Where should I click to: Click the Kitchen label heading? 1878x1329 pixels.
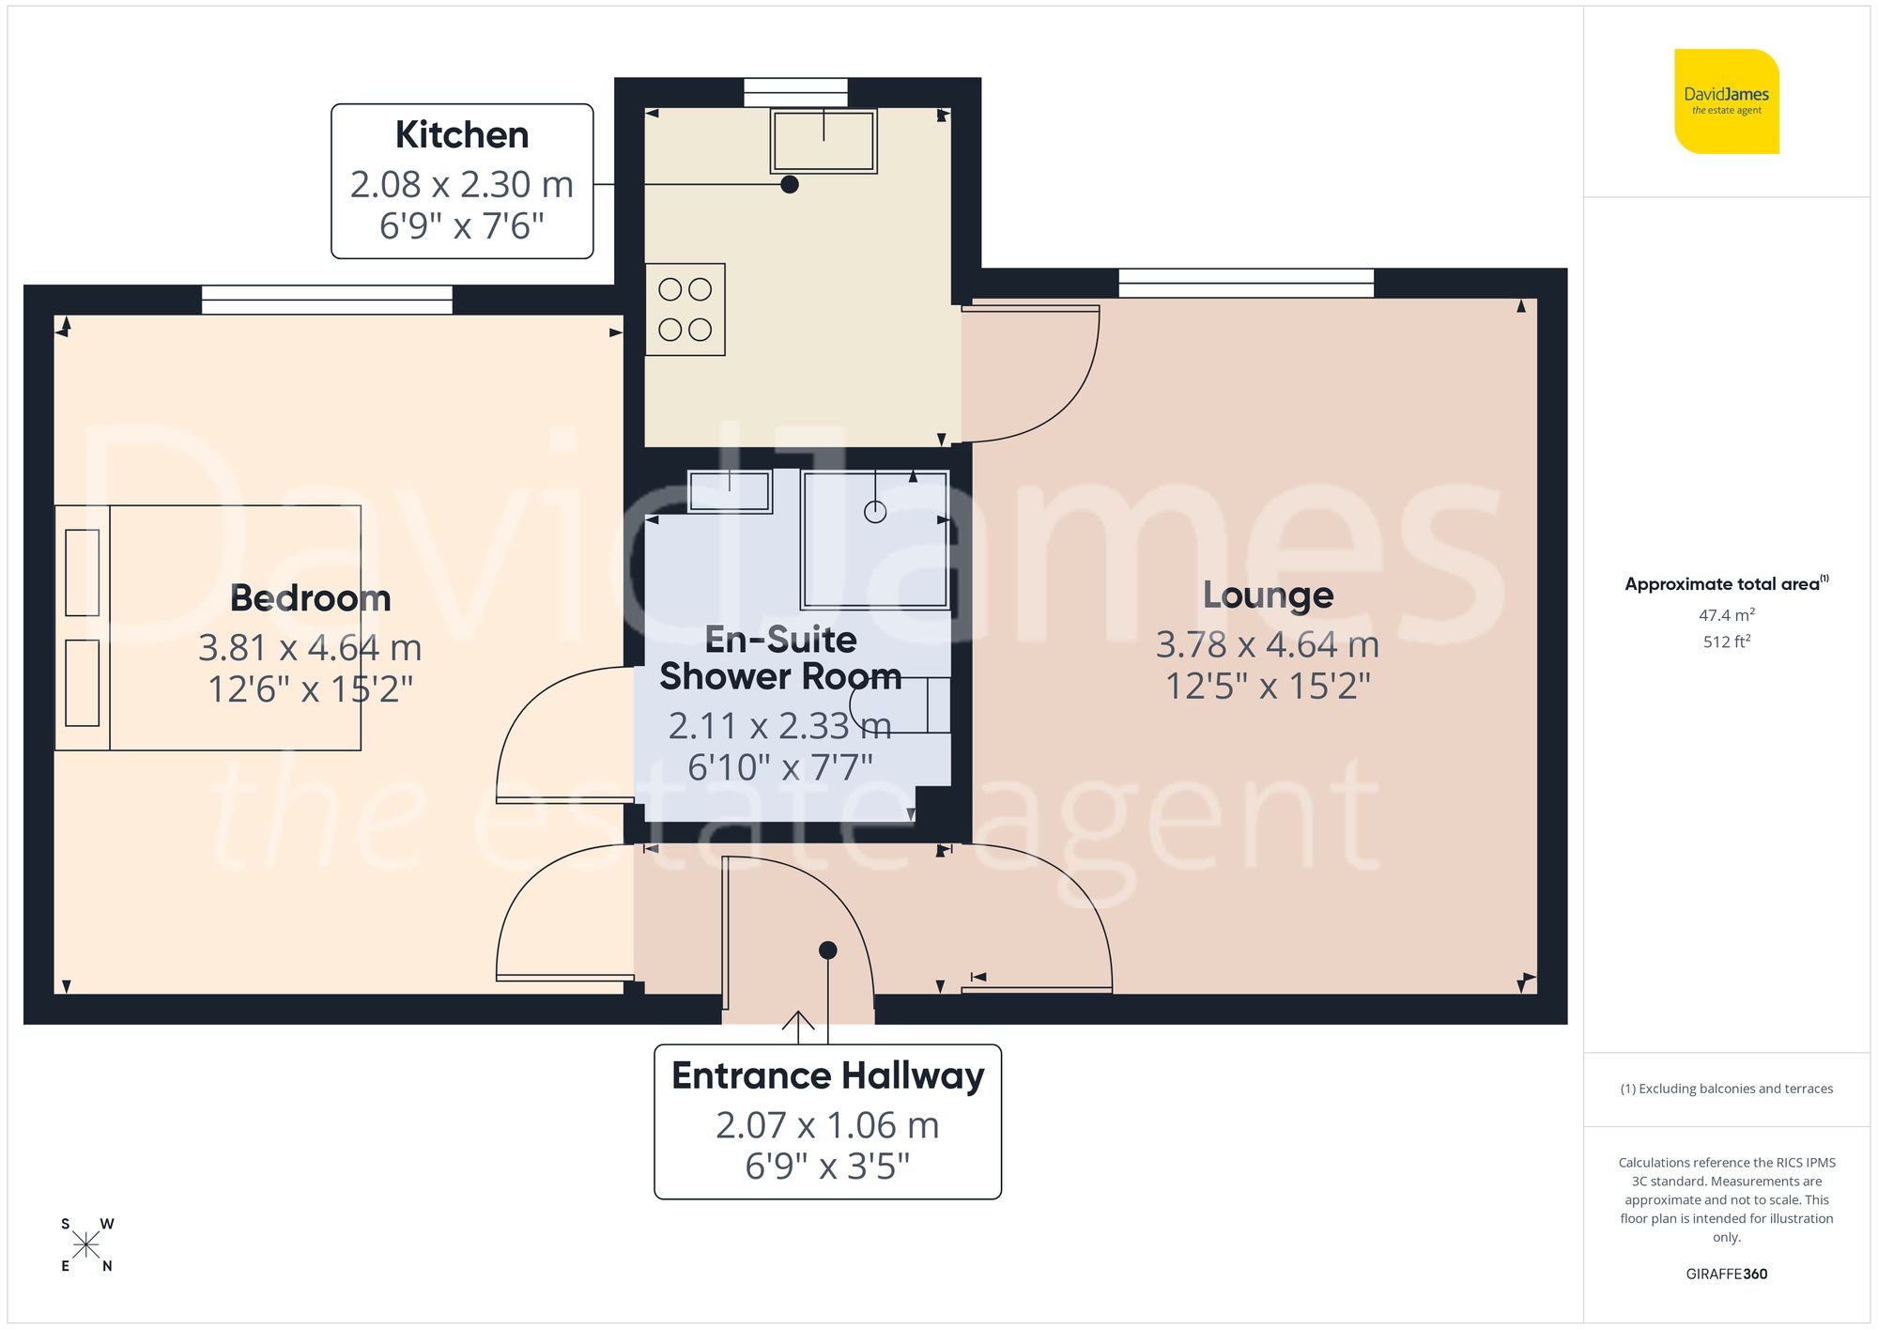(x=461, y=135)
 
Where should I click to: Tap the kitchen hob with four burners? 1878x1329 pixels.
(x=685, y=309)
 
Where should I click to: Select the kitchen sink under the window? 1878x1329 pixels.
(x=824, y=141)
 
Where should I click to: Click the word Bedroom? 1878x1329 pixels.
(x=310, y=598)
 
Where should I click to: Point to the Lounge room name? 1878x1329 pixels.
(x=1268, y=595)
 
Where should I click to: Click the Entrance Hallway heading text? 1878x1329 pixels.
(x=827, y=1075)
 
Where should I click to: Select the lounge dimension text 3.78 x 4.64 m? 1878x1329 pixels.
(x=1267, y=644)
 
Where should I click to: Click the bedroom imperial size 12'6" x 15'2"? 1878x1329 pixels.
(x=310, y=689)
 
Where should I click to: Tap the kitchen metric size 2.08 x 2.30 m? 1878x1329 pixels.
(x=461, y=184)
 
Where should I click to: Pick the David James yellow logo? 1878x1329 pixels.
(x=1726, y=101)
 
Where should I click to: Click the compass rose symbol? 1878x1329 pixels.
(x=85, y=1245)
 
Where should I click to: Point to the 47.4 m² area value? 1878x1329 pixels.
(x=1726, y=615)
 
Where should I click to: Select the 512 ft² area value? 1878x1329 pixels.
(x=1726, y=641)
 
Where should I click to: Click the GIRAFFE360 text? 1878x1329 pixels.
(x=1726, y=1274)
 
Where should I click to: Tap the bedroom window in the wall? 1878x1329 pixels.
(x=327, y=300)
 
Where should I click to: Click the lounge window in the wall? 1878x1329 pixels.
(x=1245, y=283)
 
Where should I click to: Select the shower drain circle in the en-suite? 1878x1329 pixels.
(x=875, y=512)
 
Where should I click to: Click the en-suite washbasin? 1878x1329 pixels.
(x=730, y=491)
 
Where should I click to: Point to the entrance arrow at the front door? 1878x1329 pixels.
(x=798, y=1026)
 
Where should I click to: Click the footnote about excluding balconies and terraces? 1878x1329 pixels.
(x=1726, y=1089)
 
